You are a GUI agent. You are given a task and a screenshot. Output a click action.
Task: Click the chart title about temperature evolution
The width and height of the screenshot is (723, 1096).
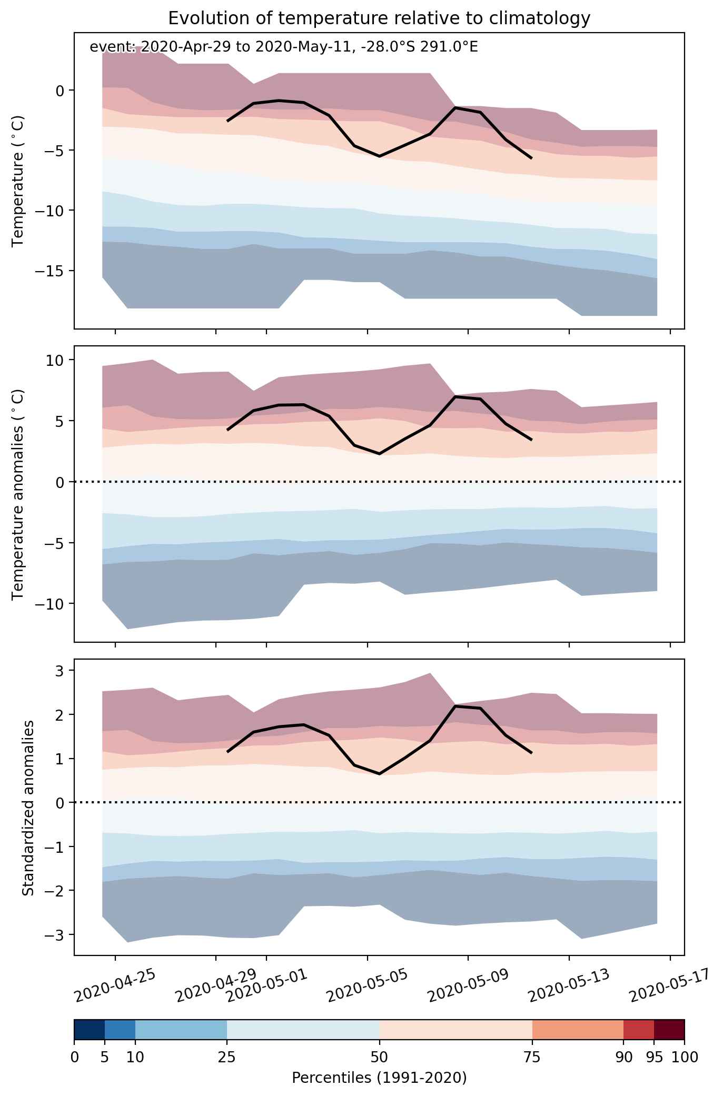coord(379,18)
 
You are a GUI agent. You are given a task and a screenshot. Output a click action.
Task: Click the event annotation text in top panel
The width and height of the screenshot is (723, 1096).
coord(284,47)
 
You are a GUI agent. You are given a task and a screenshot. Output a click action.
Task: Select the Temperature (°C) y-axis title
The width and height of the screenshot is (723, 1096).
coord(18,181)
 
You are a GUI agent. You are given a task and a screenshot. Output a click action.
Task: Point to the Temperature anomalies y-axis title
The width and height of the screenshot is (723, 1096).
coord(18,494)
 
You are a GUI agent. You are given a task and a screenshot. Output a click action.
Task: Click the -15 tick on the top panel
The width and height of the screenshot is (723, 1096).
coord(51,271)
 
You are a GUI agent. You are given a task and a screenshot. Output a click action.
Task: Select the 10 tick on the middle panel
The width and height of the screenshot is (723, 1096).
coord(55,360)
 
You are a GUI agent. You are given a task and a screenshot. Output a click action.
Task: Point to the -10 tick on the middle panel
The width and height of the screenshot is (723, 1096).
coord(51,603)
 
